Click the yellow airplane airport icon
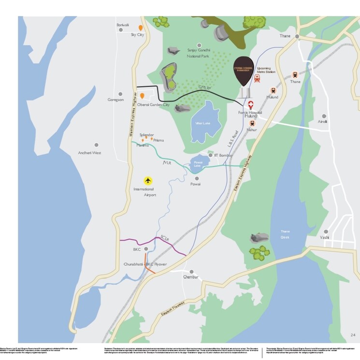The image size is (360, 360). [148, 180]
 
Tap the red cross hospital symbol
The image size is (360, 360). [251, 104]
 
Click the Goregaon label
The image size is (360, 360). [115, 100]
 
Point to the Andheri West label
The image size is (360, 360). [89, 153]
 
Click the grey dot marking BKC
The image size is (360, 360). [146, 249]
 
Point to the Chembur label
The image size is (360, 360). [191, 277]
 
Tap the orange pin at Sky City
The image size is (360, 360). [141, 28]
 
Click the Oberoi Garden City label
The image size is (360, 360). [153, 105]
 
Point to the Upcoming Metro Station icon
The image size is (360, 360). [257, 78]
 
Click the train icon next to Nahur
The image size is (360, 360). [252, 124]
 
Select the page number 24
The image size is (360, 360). [353, 334]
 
